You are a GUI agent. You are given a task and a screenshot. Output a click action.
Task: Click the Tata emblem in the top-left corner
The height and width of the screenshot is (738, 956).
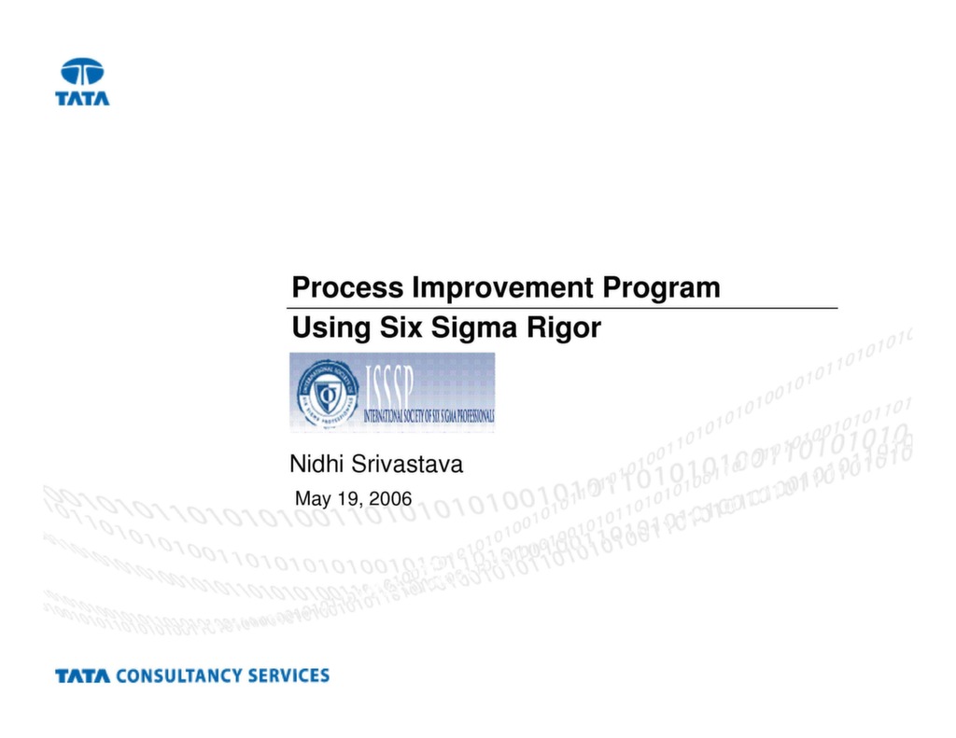click(82, 72)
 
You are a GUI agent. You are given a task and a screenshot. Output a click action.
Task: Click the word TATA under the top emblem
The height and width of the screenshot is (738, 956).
click(82, 97)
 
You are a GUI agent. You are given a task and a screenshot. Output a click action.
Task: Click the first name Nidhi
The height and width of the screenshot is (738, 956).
click(316, 464)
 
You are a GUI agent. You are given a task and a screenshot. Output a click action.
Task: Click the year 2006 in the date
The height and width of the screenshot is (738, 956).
click(390, 498)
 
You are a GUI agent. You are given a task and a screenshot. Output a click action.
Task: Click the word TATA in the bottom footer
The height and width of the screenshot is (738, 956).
click(82, 675)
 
